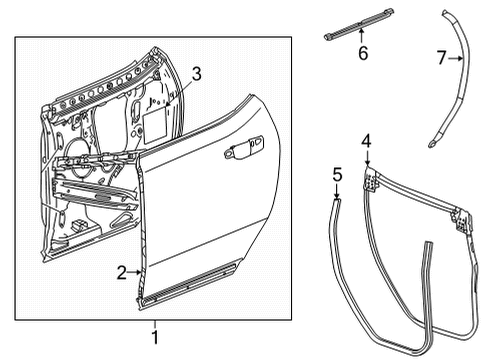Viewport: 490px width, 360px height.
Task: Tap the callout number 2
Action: [122, 272]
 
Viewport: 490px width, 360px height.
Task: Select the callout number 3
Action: [197, 72]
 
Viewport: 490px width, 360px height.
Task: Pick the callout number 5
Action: [337, 176]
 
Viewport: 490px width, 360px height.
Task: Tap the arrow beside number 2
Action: [136, 272]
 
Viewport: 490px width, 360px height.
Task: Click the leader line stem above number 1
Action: [155, 318]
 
